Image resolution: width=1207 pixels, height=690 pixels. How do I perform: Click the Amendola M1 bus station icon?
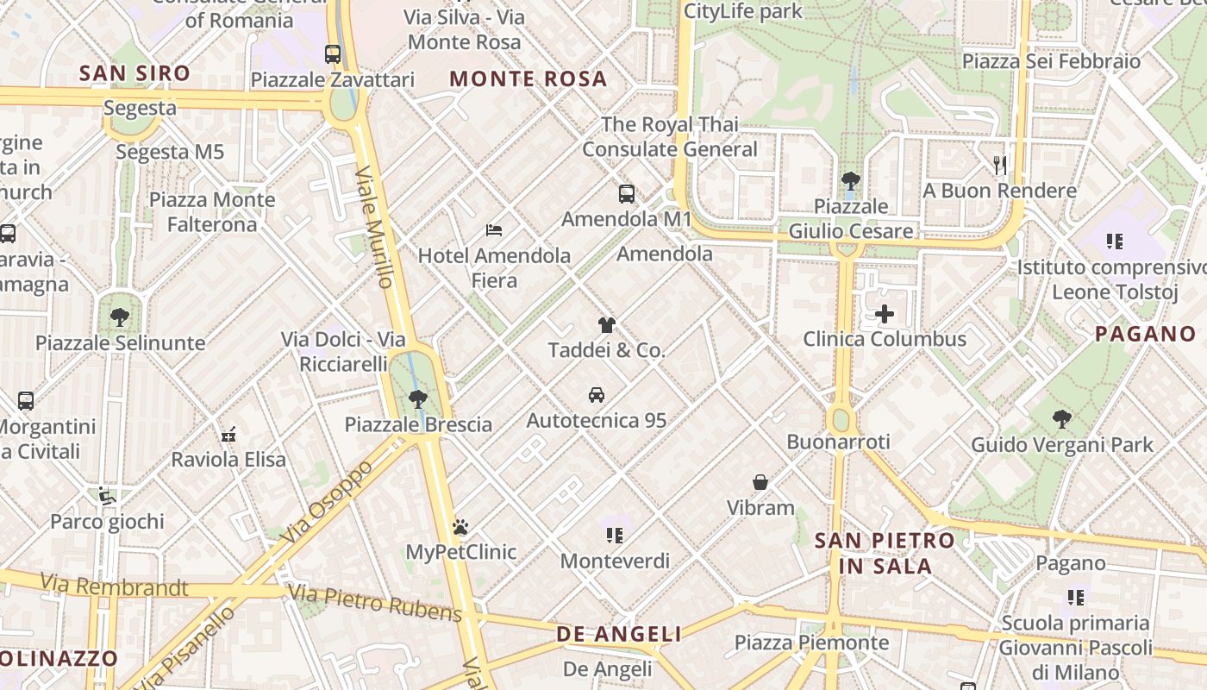click(x=627, y=194)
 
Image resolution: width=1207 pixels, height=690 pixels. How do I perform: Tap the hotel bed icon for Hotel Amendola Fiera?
click(x=494, y=230)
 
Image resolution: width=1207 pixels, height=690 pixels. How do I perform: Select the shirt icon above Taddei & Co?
click(x=607, y=325)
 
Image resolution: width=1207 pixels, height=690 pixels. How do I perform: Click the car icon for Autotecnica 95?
click(x=596, y=395)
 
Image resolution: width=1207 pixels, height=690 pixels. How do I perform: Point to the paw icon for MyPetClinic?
click(x=460, y=526)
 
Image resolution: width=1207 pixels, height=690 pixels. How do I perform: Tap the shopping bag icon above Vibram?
click(x=760, y=482)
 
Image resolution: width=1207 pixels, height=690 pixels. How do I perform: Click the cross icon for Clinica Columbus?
click(x=885, y=314)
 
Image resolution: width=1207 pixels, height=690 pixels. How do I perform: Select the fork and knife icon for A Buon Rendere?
click(x=1000, y=166)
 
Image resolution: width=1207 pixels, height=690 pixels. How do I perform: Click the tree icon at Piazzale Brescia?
click(x=418, y=399)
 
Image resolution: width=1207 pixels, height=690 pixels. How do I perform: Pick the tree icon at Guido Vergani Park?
click(x=1062, y=419)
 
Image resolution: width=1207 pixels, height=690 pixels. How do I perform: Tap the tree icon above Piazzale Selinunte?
click(x=120, y=317)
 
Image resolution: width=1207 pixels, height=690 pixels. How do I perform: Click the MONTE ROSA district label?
click(x=528, y=79)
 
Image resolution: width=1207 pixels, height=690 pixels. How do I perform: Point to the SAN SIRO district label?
click(x=134, y=73)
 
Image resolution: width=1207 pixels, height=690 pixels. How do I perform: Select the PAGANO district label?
click(x=1146, y=334)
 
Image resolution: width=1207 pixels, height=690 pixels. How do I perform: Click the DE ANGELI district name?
click(x=619, y=635)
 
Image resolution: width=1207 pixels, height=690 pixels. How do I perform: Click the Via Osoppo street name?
click(x=327, y=502)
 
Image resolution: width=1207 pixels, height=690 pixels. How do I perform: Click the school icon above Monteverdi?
click(x=615, y=536)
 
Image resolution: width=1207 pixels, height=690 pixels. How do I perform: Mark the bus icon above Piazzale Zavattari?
click(x=333, y=54)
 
